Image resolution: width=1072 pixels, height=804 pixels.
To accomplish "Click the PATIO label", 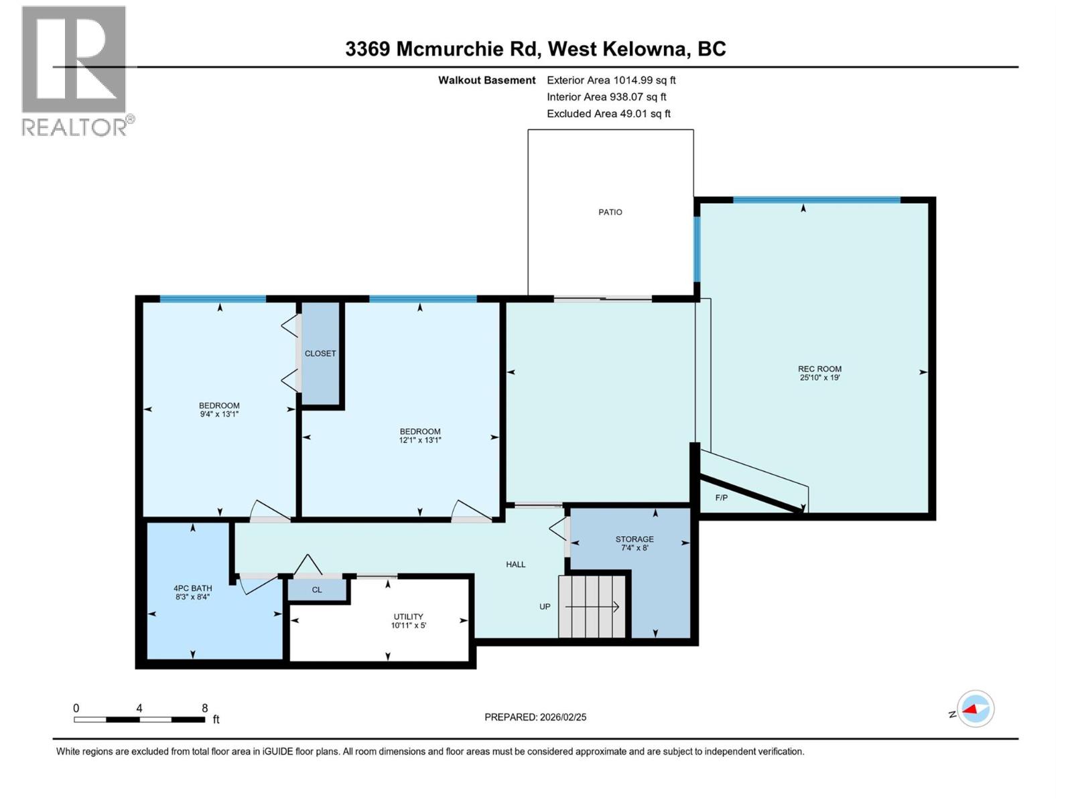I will (610, 212).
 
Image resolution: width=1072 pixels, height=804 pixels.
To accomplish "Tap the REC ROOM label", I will (819, 368).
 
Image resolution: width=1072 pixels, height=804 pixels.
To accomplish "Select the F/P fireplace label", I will (722, 498).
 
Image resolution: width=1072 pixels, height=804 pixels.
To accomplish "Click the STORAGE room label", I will (634, 539).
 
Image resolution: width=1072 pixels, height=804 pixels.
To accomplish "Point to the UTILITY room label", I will (408, 616).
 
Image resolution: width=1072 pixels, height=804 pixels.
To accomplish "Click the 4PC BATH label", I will (192, 588).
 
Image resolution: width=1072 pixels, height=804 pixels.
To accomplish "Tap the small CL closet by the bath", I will (317, 590).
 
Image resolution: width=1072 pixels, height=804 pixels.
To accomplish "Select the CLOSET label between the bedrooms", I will (320, 353).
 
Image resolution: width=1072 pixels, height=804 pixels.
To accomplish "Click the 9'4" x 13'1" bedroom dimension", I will (219, 414).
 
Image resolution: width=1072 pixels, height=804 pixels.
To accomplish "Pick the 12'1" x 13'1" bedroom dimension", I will (420, 440).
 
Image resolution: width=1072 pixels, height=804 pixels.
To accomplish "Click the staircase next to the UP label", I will (593, 606).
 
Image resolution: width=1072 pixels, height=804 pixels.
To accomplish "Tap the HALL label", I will (515, 564).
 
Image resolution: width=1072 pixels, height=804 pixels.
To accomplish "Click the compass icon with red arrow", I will (975, 709).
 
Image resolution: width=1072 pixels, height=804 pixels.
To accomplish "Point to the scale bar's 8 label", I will (205, 708).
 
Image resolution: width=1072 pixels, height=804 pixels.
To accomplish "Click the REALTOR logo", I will (74, 70).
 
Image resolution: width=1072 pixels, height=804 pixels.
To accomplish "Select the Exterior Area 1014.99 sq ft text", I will (611, 80).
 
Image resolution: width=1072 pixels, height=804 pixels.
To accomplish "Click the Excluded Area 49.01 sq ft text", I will (608, 113).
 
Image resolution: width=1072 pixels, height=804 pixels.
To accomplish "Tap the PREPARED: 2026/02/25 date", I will (535, 717).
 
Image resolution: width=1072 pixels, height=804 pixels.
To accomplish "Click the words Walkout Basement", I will (486, 80).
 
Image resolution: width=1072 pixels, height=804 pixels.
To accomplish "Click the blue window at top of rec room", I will (816, 200).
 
